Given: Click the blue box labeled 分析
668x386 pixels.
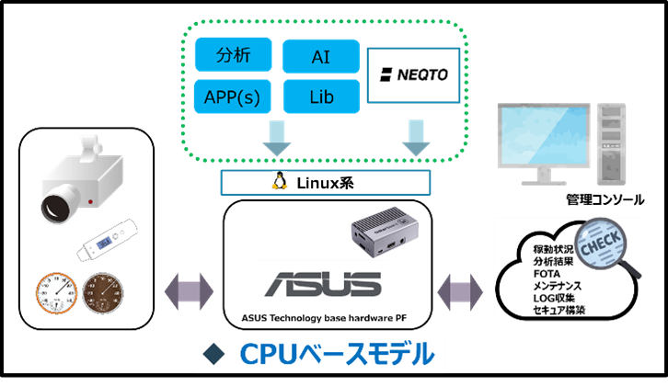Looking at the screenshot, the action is pyautogui.click(x=233, y=54).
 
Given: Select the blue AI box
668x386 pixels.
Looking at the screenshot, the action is pyautogui.click(x=321, y=57).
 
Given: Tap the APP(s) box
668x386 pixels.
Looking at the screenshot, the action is pyautogui.click(x=232, y=96).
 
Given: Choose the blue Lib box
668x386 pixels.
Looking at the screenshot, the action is pyautogui.click(x=321, y=96).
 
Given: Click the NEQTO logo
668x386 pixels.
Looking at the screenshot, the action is pyautogui.click(x=414, y=74).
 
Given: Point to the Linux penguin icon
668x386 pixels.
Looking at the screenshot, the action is pyautogui.click(x=280, y=180).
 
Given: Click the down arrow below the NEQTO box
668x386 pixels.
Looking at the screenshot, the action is pyautogui.click(x=416, y=138).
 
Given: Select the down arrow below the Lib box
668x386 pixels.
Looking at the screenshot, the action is pyautogui.click(x=277, y=138).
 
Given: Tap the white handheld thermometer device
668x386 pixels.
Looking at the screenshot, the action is pyautogui.click(x=107, y=240).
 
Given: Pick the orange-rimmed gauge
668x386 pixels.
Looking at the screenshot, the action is pyautogui.click(x=57, y=294).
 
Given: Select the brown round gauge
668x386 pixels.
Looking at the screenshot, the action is pyautogui.click(x=102, y=294).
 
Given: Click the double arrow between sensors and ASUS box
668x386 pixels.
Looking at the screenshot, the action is pyautogui.click(x=189, y=292).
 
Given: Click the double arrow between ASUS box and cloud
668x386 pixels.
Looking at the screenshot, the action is pyautogui.click(x=460, y=292).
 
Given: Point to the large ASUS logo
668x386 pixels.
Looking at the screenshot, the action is pyautogui.click(x=323, y=284).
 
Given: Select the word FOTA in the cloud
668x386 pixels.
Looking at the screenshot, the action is pyautogui.click(x=547, y=274).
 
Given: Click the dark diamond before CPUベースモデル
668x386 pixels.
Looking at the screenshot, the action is pyautogui.click(x=213, y=354).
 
